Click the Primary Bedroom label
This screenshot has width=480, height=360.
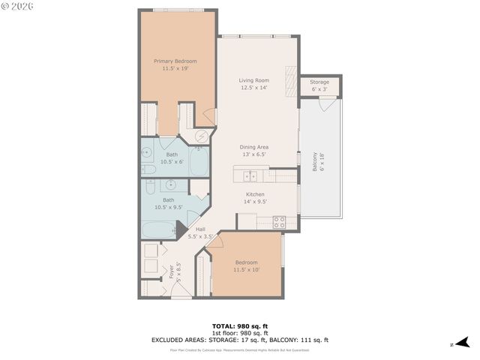pos(175,61)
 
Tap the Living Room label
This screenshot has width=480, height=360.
pos(254,80)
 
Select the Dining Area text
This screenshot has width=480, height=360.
pos(254,147)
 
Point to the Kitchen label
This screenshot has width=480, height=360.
pos(256,193)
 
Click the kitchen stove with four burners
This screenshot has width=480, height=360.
pos(278,221)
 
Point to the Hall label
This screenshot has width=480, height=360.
pos(200,229)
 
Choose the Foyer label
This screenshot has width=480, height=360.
pos(170,270)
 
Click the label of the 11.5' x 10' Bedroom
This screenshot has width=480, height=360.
pos(246,262)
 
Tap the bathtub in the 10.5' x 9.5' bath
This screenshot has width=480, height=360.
pos(157,230)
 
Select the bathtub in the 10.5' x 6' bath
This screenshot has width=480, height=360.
pos(199,160)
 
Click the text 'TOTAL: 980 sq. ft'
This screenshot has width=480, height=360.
pos(239,326)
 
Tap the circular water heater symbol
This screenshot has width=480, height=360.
pos(202,136)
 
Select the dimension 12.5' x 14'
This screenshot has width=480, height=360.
pos(254,88)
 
